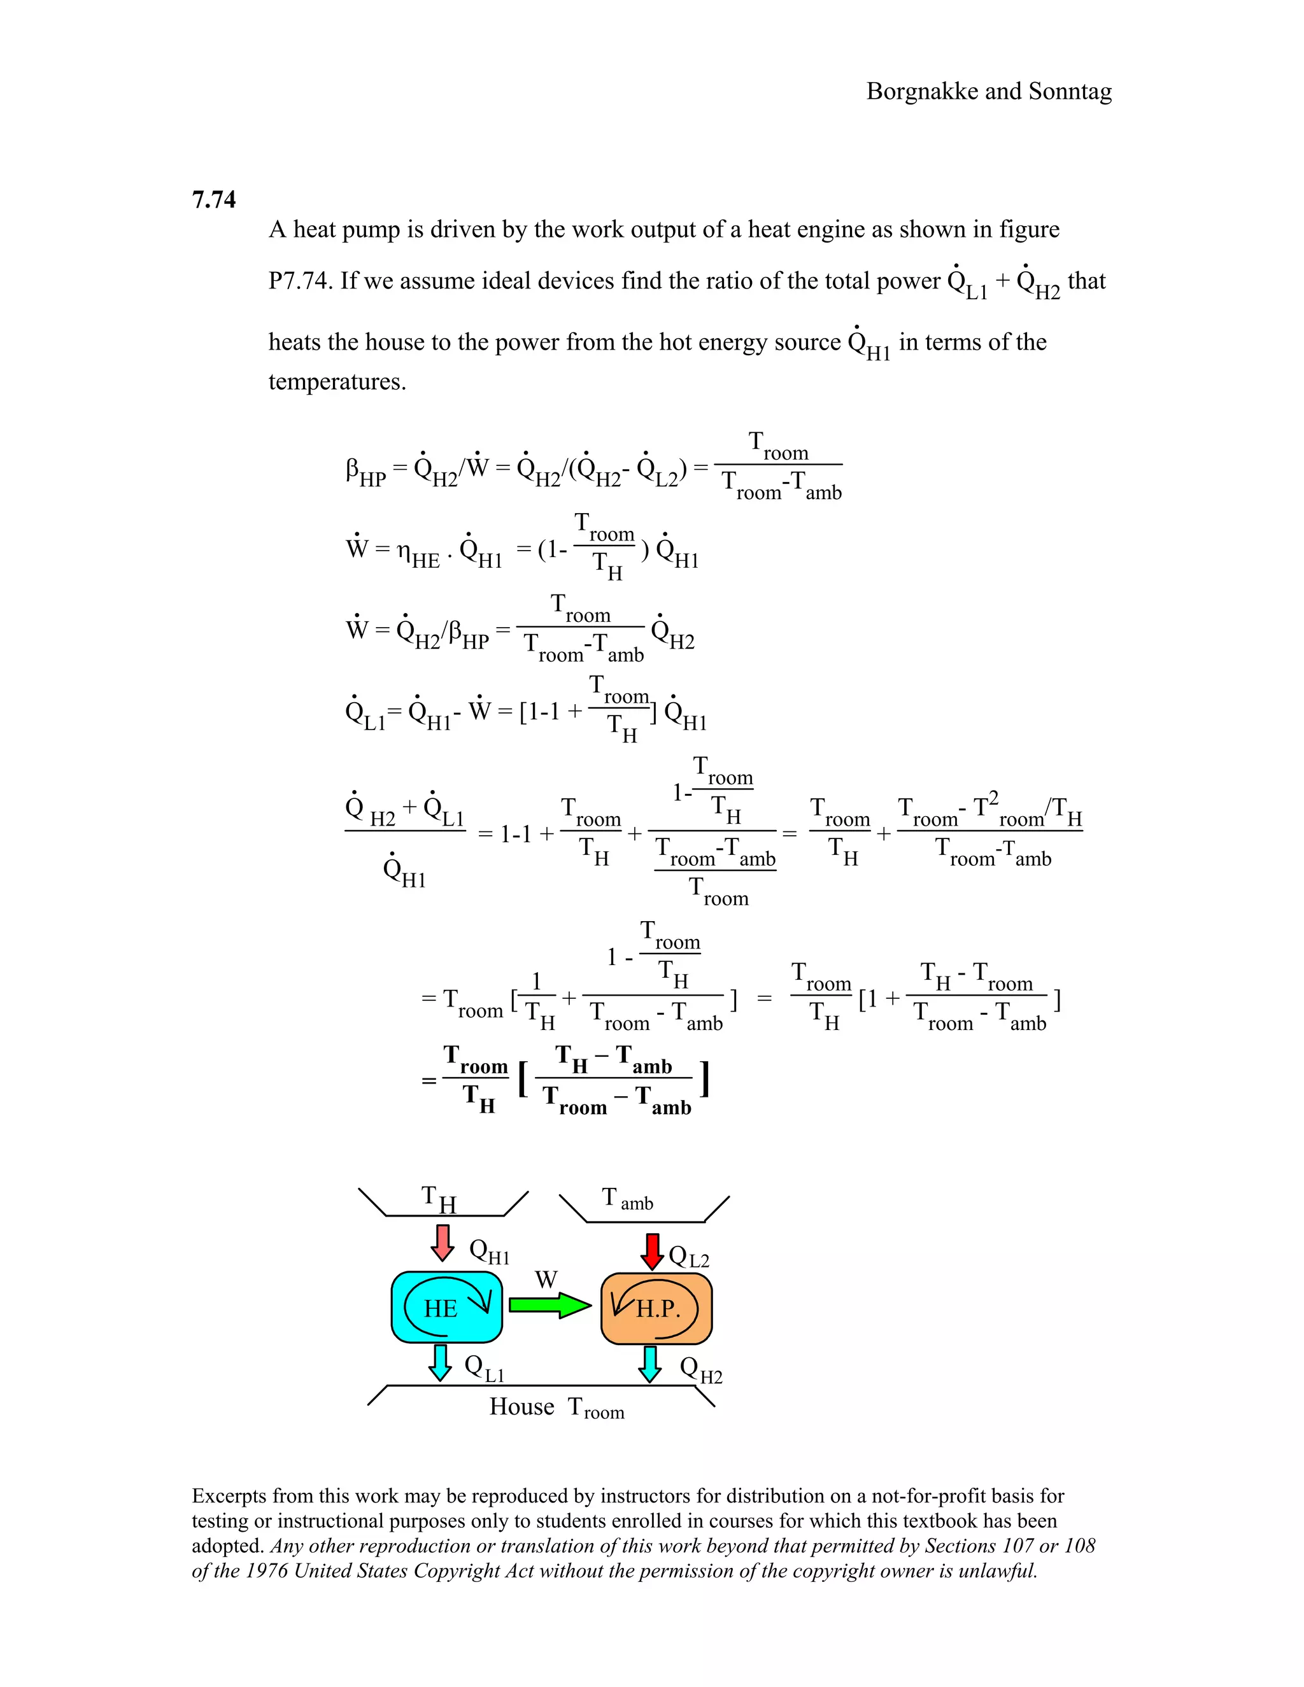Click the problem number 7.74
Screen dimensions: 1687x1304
[213, 200]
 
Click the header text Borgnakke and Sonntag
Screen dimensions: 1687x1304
[989, 91]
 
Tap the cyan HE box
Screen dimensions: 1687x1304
[446, 1307]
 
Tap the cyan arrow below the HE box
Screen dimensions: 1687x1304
[441, 1362]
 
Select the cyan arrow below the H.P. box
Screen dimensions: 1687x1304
[649, 1364]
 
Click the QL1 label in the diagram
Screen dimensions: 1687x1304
[485, 1368]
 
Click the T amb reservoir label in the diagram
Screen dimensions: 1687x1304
[627, 1199]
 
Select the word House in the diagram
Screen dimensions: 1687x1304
[521, 1407]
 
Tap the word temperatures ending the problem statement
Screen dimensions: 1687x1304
[337, 381]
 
